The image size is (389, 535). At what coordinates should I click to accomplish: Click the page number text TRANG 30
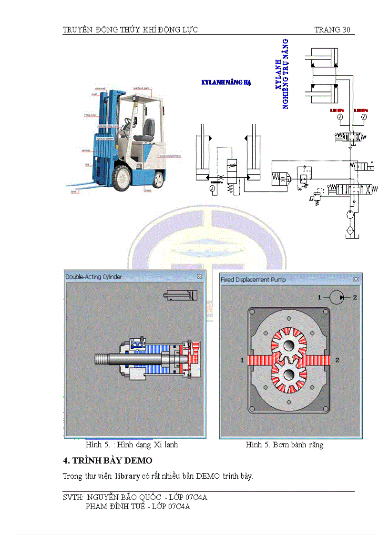click(332, 30)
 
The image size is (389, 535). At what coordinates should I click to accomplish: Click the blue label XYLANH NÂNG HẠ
click(226, 82)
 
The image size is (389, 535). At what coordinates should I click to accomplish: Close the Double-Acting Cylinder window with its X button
click(200, 276)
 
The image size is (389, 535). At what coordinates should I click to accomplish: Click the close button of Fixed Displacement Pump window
click(356, 279)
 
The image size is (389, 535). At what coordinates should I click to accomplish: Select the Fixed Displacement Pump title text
click(253, 280)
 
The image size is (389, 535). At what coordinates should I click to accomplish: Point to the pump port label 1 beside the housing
click(242, 360)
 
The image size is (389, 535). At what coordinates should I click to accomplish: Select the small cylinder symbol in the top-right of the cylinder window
click(180, 295)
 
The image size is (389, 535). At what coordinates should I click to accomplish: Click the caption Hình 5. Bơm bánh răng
click(284, 445)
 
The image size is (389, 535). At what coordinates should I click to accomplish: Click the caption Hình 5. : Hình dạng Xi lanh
click(132, 445)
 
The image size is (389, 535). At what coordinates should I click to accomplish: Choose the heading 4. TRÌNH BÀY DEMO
click(108, 461)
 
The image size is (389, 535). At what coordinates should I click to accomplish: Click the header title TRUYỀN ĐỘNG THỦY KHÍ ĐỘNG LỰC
click(130, 30)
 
